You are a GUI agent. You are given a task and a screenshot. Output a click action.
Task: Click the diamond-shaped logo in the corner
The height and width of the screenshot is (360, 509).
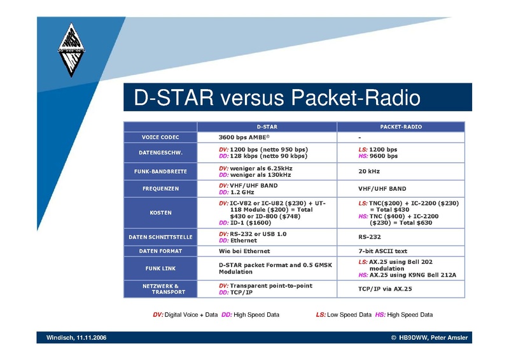coord(71,50)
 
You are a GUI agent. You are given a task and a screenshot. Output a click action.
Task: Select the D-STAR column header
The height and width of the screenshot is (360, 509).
coord(267,127)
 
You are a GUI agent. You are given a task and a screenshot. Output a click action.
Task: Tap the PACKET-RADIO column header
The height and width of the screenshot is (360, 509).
coord(401,127)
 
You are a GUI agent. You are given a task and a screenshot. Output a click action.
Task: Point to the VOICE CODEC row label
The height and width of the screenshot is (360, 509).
coord(160,137)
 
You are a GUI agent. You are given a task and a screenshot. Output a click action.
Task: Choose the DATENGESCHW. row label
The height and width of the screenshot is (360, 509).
coord(160,153)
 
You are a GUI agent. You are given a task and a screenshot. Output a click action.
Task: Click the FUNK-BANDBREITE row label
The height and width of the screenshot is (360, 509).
coord(160,171)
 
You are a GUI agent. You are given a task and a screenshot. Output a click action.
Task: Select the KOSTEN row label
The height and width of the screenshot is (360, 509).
coord(160,212)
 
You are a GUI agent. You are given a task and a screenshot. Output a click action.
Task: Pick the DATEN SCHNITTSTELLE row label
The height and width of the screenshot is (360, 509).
coord(160,237)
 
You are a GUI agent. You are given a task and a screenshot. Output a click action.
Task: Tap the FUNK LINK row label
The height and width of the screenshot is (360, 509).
coord(160,268)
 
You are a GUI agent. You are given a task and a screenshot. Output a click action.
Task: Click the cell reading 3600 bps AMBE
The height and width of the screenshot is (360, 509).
coord(244,137)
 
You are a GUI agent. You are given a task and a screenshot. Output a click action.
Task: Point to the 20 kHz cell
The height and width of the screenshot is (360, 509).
coord(369,171)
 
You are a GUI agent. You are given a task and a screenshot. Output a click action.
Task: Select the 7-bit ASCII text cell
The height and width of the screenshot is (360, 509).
coord(383,251)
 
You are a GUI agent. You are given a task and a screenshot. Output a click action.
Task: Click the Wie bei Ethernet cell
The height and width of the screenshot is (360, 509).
coord(244,251)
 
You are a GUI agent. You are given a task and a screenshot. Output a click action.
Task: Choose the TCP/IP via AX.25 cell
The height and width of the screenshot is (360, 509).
coord(385,289)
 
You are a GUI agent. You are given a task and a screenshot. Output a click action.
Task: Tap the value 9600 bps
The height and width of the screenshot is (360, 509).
coord(384,156)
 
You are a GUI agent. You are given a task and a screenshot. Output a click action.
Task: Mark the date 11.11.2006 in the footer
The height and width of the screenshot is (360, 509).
coord(91,338)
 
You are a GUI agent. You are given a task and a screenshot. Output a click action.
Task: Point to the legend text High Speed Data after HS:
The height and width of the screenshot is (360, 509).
coord(410,315)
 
